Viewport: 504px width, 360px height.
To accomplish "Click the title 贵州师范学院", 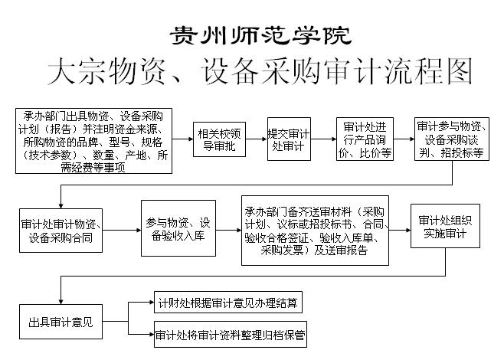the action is coord(260,35).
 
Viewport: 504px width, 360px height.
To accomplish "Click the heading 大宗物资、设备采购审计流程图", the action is coord(260,71).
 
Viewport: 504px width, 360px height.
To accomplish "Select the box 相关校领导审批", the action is coord(219,139).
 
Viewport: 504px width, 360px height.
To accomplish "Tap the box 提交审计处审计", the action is coord(289,139).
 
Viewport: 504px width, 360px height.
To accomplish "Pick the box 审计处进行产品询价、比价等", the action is coord(365,139).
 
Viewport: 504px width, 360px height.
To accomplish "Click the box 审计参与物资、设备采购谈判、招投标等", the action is coord(452,139).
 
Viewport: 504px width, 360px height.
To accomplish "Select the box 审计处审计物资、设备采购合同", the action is coord(61,231).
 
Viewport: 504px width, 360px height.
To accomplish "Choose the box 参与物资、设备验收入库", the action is coord(178,228).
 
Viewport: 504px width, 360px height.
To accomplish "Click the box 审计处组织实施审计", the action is coord(445,226).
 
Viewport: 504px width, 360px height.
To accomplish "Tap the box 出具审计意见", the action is coord(61,322).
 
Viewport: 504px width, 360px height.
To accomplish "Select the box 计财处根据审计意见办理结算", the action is coord(228,302).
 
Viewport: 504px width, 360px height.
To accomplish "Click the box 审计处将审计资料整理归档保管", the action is coord(231,334).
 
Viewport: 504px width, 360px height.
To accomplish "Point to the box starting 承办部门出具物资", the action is coord(94,141).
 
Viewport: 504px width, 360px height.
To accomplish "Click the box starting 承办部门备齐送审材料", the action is coord(315,231).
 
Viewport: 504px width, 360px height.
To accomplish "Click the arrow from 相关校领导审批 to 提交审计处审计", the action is coord(257,139).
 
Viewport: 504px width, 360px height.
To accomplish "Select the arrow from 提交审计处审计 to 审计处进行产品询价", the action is coord(323,139).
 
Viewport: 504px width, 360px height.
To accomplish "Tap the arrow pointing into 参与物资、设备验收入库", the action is coord(122,230).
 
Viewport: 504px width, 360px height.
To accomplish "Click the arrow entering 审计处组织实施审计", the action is coord(400,230).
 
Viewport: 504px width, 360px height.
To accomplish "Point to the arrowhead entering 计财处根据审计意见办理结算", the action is coord(152,302).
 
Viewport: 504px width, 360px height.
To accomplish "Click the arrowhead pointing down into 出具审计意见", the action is coord(61,302).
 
